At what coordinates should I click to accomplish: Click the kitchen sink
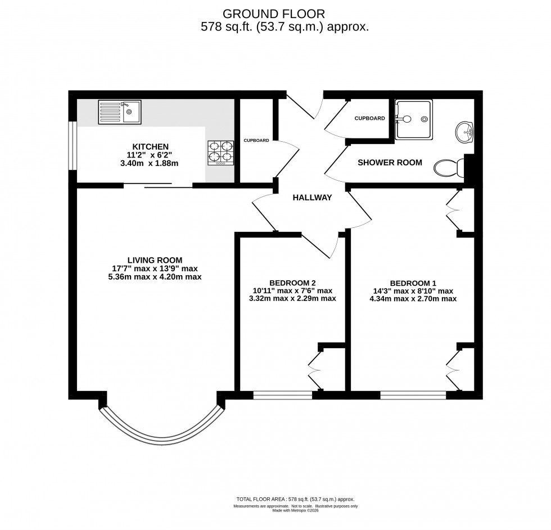(x=121, y=111)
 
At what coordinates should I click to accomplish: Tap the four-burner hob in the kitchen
(x=220, y=152)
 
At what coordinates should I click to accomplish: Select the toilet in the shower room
(x=450, y=167)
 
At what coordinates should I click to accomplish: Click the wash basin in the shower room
(x=464, y=132)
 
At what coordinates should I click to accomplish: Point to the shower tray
(x=414, y=119)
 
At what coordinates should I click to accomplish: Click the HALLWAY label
(x=311, y=197)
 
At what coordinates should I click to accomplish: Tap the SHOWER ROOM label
(x=390, y=163)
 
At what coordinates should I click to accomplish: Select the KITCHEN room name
(x=150, y=146)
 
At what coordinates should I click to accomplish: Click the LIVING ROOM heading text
(x=155, y=260)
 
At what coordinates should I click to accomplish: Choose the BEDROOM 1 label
(x=413, y=283)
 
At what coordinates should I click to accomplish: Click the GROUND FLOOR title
(x=274, y=13)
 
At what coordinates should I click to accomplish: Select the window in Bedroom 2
(x=282, y=395)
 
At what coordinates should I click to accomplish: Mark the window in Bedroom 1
(x=413, y=395)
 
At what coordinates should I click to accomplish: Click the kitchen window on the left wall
(x=72, y=145)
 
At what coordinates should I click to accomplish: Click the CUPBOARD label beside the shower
(x=369, y=118)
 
